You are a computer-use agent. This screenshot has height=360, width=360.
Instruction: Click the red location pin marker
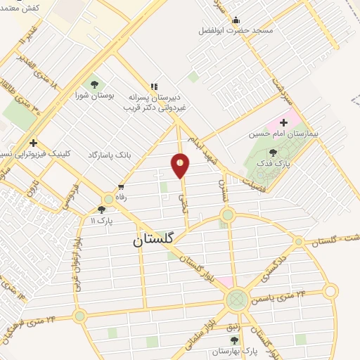click(x=181, y=166)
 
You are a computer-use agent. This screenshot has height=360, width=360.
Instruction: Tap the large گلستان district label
click(x=157, y=241)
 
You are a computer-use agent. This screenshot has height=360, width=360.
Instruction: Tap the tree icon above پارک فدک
click(x=273, y=153)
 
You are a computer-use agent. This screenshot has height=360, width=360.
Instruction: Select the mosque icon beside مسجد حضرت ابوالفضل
click(x=235, y=20)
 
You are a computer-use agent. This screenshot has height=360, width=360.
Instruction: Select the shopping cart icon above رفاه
click(x=121, y=188)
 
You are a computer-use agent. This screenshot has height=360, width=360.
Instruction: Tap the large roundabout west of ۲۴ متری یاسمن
click(x=237, y=300)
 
